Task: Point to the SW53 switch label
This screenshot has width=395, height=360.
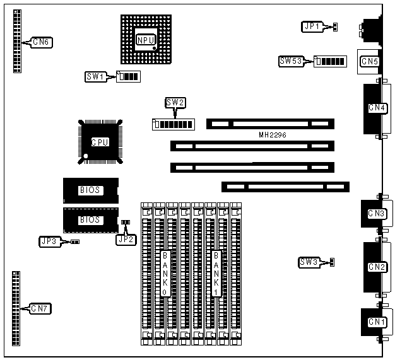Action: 292,61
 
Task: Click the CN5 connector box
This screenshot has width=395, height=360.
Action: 369,61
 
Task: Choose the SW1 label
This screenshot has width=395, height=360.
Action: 95,77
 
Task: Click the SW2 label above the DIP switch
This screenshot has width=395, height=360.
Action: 175,103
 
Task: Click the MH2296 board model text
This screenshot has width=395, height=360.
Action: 273,135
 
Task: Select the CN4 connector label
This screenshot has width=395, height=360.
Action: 377,108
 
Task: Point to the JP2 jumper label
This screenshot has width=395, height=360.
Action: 126,239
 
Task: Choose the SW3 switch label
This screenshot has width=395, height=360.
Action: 309,262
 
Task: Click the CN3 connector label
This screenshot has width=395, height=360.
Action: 377,214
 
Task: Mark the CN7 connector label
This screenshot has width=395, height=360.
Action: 42,308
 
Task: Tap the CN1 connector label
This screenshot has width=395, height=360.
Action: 377,322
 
